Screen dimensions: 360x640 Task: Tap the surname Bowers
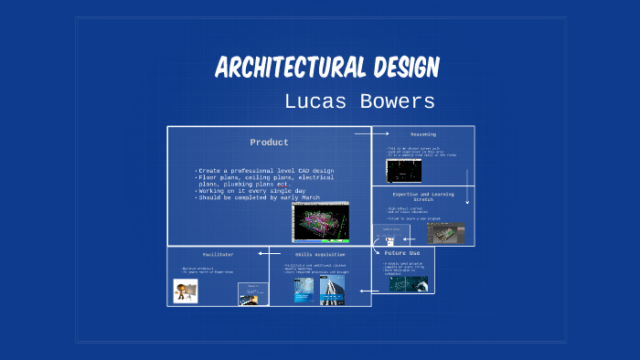(395, 101)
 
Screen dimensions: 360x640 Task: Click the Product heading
(269, 143)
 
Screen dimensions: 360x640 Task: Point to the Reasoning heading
(422, 134)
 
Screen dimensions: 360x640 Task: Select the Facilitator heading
(218, 253)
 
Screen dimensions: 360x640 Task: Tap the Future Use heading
(402, 252)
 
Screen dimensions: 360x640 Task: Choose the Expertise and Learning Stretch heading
(422, 196)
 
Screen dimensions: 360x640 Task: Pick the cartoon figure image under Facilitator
(187, 291)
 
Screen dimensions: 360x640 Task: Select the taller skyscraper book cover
(331, 290)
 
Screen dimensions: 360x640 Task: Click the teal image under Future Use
(408, 284)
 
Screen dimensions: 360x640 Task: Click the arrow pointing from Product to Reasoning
(372, 133)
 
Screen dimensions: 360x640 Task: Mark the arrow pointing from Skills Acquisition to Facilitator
(269, 253)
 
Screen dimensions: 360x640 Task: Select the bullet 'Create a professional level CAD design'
(265, 171)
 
